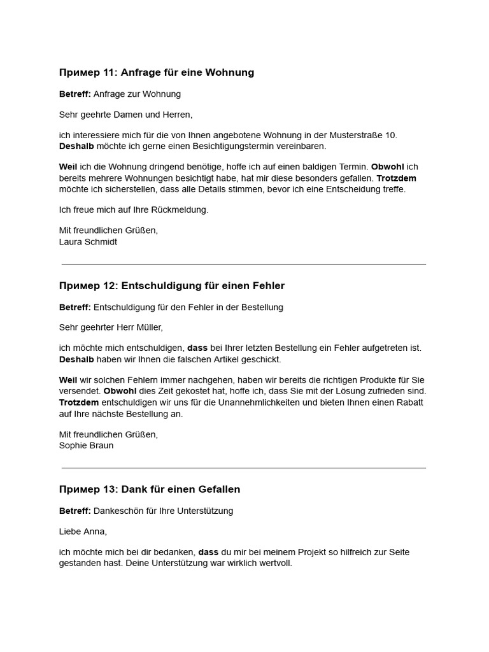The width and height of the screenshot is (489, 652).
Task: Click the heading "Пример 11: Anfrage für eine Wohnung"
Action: [156, 73]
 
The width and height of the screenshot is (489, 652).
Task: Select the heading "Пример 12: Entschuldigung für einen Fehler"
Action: [171, 285]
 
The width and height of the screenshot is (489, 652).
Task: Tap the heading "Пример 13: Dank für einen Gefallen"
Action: [149, 489]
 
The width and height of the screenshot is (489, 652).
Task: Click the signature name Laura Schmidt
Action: [88, 242]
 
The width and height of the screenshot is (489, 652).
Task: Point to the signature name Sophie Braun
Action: [86, 445]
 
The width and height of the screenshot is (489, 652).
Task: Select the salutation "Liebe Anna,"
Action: [83, 531]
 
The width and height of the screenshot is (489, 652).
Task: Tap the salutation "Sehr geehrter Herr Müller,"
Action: [111, 327]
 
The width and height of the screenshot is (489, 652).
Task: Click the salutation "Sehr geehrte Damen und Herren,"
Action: [125, 115]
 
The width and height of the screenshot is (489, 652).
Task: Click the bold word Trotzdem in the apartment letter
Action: [396, 178]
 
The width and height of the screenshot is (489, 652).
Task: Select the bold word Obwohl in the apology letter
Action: [120, 390]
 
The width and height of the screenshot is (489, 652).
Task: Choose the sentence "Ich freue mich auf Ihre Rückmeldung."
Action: [134, 209]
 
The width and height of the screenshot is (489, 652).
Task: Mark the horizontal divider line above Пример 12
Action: [244, 264]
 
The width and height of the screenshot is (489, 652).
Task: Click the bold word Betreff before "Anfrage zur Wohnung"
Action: [74, 94]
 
